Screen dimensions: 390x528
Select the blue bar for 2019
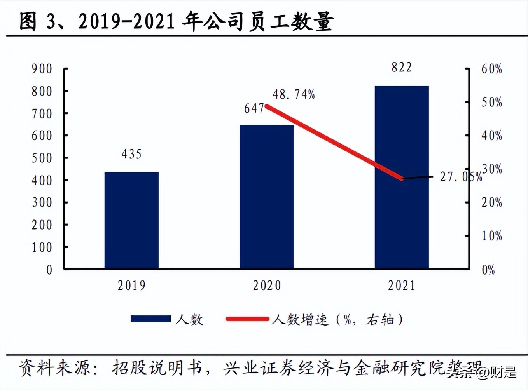pyautogui.click(x=131, y=220)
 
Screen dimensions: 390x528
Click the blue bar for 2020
pyautogui.click(x=266, y=197)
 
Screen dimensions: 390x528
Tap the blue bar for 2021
pyautogui.click(x=402, y=177)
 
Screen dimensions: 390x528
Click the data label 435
pyautogui.click(x=131, y=154)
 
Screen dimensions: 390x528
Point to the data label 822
pyautogui.click(x=402, y=68)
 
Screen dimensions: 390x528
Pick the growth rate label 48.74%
pyautogui.click(x=294, y=94)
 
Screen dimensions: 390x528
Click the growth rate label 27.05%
pyautogui.click(x=461, y=177)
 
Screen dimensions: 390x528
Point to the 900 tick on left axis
pyautogui.click(x=42, y=69)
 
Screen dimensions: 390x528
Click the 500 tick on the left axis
pyautogui.click(x=42, y=158)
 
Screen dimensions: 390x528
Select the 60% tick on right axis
pyautogui.click(x=491, y=69)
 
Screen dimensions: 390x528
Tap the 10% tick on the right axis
pyautogui.click(x=491, y=236)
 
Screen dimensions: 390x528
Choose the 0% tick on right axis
pyautogui.click(x=488, y=270)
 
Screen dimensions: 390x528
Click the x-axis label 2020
pyautogui.click(x=267, y=286)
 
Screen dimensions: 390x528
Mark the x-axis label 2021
pyautogui.click(x=402, y=286)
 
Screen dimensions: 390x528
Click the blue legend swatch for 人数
pyautogui.click(x=150, y=319)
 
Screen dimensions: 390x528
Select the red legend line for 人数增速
pyautogui.click(x=247, y=319)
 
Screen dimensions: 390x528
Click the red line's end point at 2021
pyautogui.click(x=402, y=179)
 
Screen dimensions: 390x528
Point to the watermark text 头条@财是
pyautogui.click(x=482, y=373)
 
